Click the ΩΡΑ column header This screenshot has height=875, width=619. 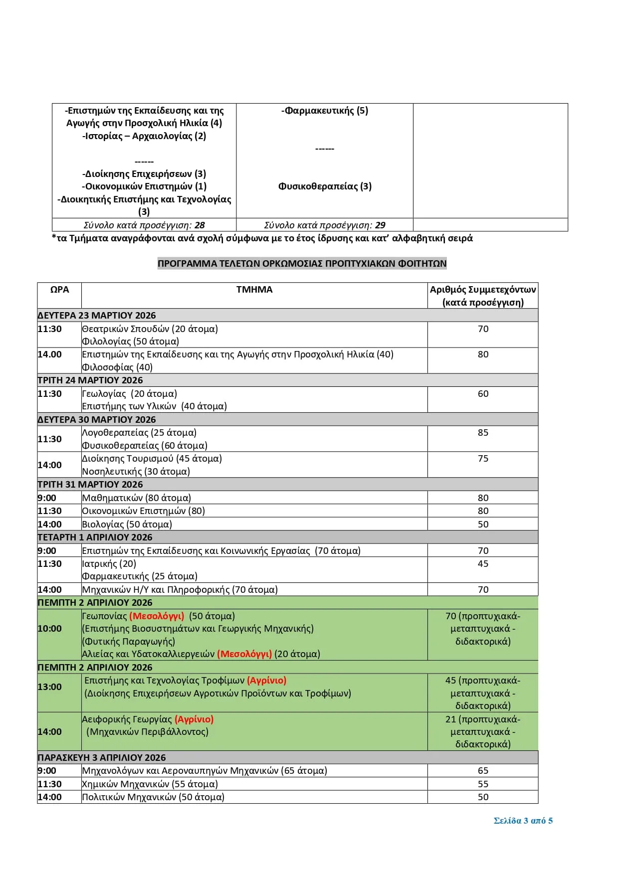click(59, 290)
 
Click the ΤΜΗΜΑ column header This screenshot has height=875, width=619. click(254, 290)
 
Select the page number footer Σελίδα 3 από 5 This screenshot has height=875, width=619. click(523, 821)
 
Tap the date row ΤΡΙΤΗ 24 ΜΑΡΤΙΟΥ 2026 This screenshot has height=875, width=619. click(90, 380)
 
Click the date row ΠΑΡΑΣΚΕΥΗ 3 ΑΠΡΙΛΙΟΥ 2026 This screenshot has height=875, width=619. click(102, 758)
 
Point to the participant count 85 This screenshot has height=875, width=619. click(483, 433)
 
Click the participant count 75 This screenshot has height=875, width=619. click(483, 459)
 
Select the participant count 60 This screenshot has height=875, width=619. click(483, 394)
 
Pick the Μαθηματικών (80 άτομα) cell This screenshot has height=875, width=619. click(137, 498)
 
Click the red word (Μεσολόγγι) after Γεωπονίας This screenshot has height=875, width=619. click(157, 616)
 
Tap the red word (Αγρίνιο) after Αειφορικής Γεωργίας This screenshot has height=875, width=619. click(194, 719)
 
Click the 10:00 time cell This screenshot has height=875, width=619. click(50, 629)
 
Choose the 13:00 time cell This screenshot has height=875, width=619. click(50, 687)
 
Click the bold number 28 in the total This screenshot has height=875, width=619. click(200, 225)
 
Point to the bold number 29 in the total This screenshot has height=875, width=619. click(380, 225)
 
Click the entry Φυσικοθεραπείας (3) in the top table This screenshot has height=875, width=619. click(325, 186)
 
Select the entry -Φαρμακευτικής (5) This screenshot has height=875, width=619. click(325, 111)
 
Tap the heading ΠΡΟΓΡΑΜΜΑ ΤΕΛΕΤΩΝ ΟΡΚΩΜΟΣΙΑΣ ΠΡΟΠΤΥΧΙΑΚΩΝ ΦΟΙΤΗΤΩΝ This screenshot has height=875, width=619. click(302, 264)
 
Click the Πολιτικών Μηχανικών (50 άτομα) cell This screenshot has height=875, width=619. click(153, 797)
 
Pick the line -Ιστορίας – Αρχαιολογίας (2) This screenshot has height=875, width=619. click(144, 136)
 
